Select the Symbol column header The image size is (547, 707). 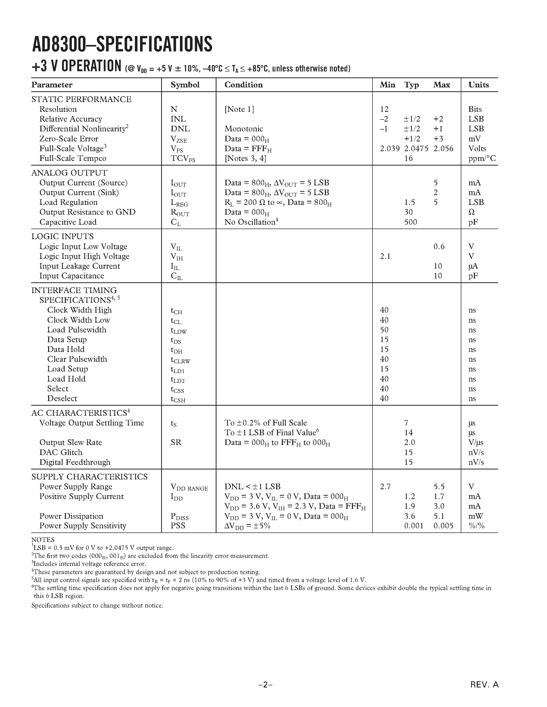(x=185, y=85)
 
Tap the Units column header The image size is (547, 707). (x=478, y=85)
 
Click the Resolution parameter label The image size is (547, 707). (x=58, y=109)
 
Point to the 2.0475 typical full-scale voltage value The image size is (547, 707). (x=416, y=149)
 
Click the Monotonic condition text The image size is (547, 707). (x=244, y=129)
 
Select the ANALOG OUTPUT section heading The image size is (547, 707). (x=69, y=173)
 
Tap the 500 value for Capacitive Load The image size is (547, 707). (x=410, y=222)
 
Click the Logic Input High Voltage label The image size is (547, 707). (x=84, y=256)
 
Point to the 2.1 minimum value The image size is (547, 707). (x=385, y=256)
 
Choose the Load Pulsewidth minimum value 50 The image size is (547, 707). (x=384, y=330)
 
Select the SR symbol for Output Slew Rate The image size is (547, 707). (x=176, y=442)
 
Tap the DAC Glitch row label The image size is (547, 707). (x=61, y=452)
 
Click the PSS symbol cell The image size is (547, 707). (x=178, y=526)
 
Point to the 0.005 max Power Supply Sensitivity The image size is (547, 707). (x=443, y=526)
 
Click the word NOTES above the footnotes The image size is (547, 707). (x=43, y=540)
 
